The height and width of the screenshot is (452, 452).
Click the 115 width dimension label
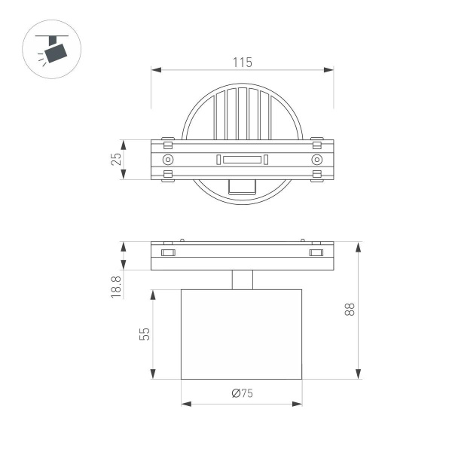click(242, 63)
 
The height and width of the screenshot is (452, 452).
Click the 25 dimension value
click(117, 160)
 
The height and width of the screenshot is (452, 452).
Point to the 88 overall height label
click(370, 310)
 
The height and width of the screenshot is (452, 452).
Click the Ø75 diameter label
click(242, 392)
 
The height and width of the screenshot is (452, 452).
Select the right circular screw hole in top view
click(317, 160)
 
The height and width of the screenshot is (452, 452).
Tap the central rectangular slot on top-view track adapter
click(242, 160)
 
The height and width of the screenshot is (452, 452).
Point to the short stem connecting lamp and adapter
click(242, 279)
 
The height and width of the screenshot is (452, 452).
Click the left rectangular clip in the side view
click(168, 252)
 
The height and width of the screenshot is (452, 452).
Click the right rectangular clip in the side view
click(316, 252)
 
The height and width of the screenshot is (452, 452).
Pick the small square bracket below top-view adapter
click(242, 188)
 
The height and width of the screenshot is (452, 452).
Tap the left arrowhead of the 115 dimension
click(156, 71)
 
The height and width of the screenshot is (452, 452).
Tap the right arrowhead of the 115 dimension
click(329, 71)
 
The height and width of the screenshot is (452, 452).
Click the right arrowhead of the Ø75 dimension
click(298, 404)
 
